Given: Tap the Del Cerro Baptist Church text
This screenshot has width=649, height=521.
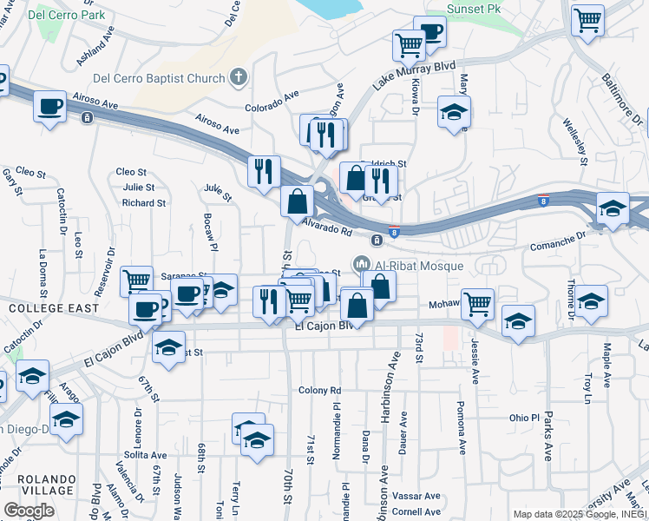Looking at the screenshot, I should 164,79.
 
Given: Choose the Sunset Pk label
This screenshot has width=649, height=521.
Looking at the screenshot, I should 475,9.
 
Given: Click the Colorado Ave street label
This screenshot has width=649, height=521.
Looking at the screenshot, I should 272,101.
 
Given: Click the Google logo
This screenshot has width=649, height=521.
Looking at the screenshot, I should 29,511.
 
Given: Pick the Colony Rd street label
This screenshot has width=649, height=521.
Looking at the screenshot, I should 319,391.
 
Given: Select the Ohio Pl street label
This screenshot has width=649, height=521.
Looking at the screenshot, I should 525,418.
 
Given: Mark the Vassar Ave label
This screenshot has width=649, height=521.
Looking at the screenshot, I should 416,496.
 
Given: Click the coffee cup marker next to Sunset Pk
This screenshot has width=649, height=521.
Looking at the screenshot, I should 429,31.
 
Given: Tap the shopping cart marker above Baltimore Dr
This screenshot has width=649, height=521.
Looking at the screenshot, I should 587,19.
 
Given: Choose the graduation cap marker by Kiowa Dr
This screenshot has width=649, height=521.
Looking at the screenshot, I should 453,112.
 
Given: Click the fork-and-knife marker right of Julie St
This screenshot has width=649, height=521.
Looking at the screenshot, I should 264,171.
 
